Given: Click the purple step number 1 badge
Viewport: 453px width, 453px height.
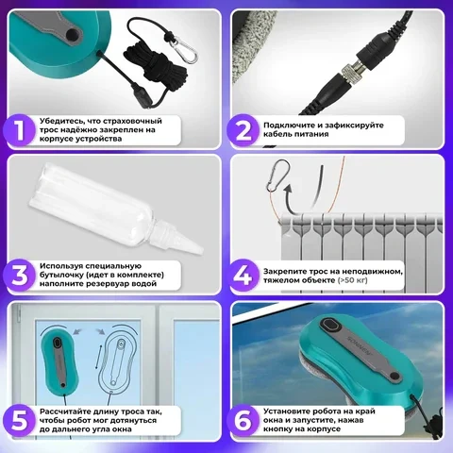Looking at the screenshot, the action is (x=20, y=130).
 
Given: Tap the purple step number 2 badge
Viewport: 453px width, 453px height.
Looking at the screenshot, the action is (x=243, y=130).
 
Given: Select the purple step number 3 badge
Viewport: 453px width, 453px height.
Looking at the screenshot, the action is (x=20, y=276).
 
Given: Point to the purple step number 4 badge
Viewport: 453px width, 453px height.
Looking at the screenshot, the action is (x=243, y=276).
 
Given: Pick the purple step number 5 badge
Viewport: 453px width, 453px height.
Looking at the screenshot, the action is (x=20, y=421).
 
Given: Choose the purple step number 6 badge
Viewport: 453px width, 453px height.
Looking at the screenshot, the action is (x=243, y=421).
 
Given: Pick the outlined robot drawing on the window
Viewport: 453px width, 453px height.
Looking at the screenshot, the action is (x=118, y=361).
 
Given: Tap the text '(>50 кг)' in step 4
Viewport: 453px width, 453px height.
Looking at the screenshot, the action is (x=353, y=280).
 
